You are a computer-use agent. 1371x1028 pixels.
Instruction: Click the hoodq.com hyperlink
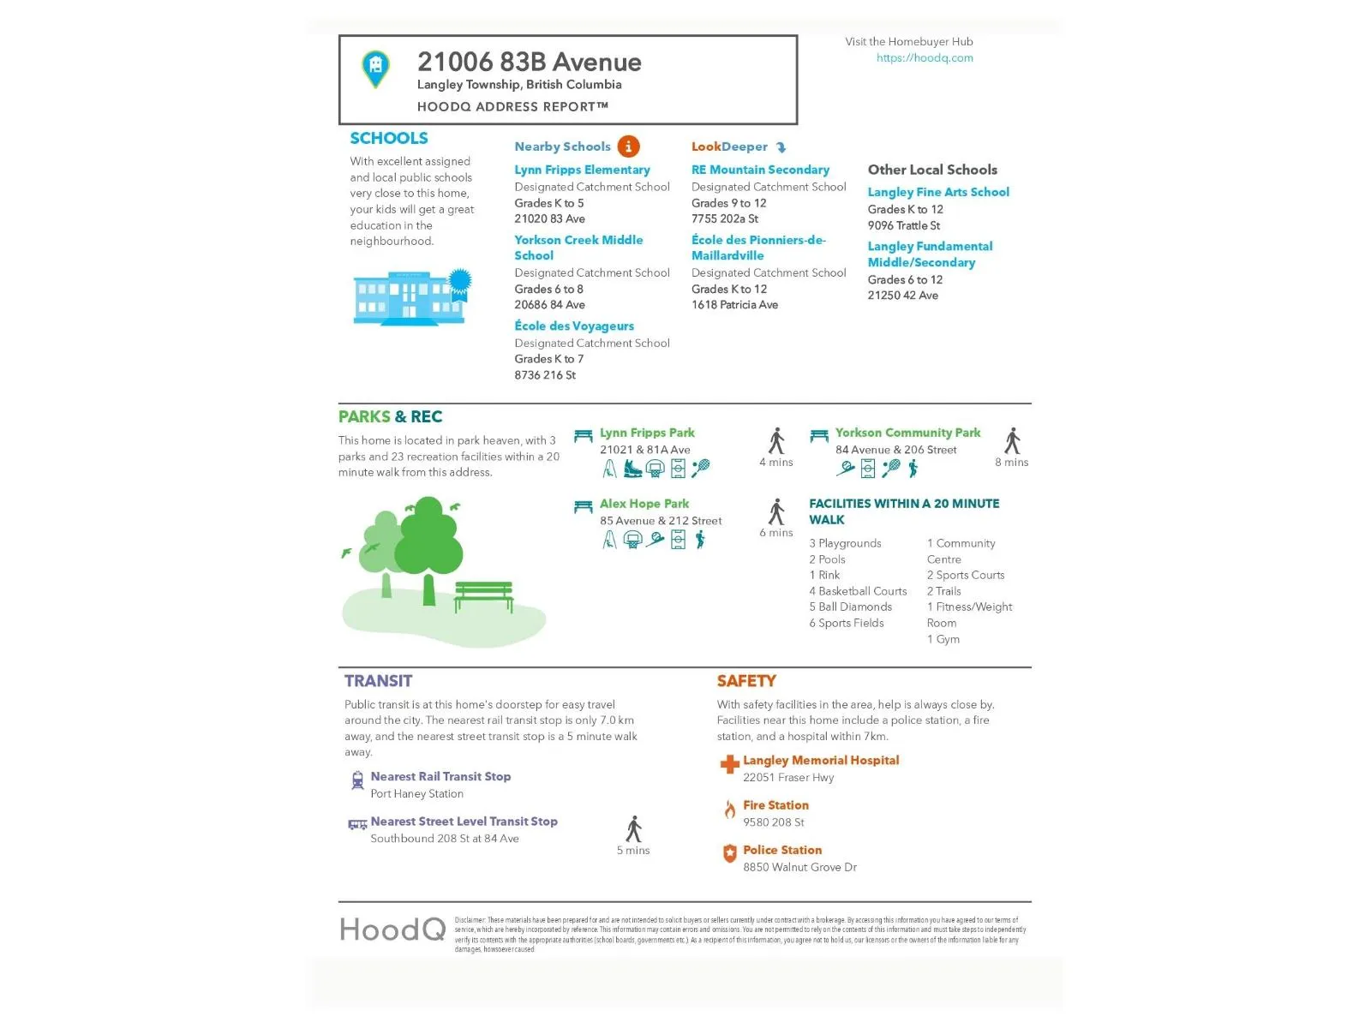(x=925, y=58)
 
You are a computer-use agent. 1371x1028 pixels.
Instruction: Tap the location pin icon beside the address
(x=375, y=68)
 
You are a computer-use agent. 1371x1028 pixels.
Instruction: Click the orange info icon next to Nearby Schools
(x=628, y=146)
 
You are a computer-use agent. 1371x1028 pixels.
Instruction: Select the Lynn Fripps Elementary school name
(x=582, y=170)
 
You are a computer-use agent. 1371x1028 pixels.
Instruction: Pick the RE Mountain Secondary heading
(x=760, y=170)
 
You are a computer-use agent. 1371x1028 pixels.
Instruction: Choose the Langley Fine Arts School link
(x=938, y=192)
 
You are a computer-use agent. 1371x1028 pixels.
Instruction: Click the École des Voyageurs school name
(x=574, y=326)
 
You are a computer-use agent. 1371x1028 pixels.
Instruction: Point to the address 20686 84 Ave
(x=549, y=305)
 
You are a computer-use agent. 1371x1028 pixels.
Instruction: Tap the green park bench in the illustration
(x=484, y=595)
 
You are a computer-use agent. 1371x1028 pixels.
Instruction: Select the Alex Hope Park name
(x=644, y=504)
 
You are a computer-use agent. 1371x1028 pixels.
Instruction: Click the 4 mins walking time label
(x=776, y=463)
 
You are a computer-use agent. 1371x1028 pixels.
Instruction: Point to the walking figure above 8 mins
(x=1012, y=440)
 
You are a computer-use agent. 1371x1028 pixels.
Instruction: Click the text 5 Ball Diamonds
(x=850, y=607)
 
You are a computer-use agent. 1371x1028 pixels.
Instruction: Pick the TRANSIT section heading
(x=378, y=681)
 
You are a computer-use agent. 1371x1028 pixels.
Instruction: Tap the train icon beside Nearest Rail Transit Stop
(x=357, y=780)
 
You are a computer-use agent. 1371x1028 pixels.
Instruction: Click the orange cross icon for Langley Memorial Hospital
(x=729, y=764)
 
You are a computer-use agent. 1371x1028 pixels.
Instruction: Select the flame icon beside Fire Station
(x=729, y=810)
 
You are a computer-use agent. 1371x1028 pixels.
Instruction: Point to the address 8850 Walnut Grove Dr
(x=799, y=867)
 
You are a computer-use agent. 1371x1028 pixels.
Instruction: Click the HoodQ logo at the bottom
(x=392, y=929)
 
